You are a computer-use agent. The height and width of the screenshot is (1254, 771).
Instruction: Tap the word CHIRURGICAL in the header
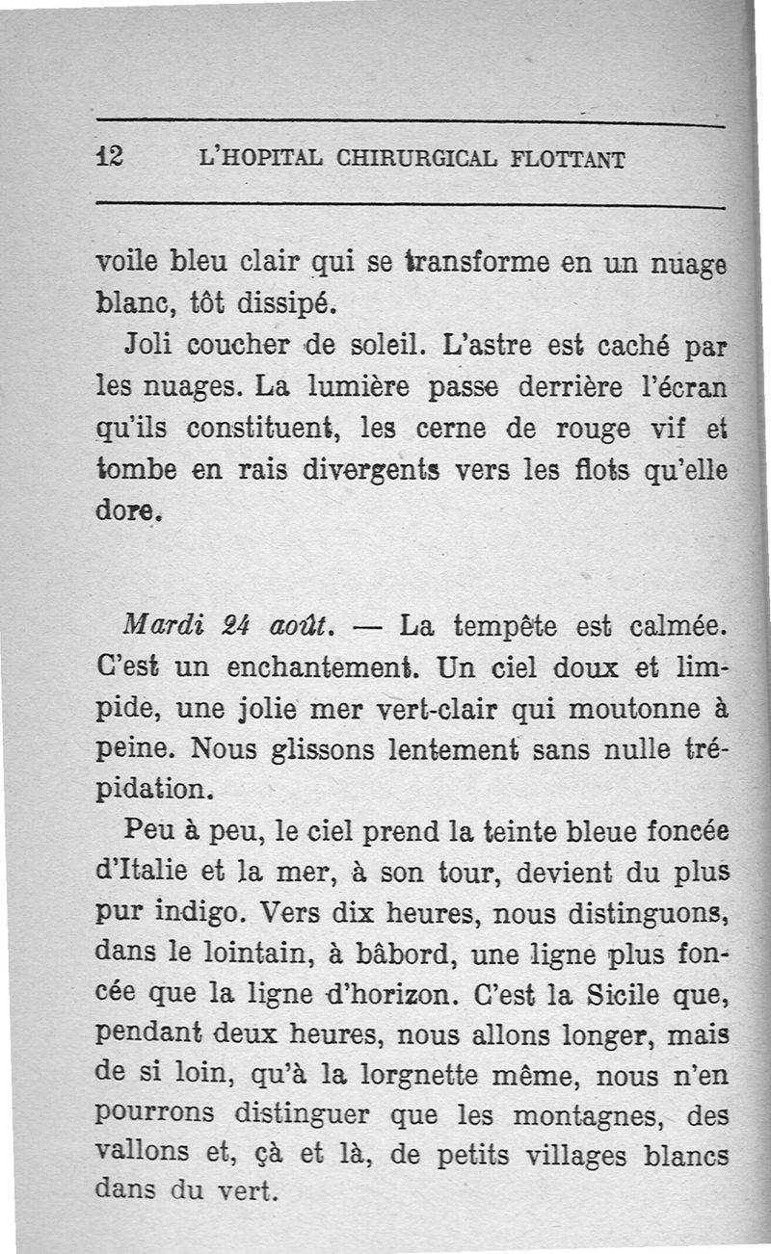(414, 159)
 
